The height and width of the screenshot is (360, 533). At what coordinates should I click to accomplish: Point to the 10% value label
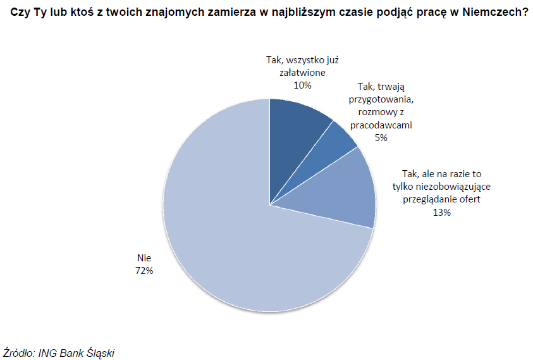coord(302,84)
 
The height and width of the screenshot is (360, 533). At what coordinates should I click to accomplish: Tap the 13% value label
coord(442,213)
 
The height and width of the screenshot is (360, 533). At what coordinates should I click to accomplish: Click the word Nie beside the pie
coord(145,258)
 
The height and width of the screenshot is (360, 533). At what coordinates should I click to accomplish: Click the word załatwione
coord(302,72)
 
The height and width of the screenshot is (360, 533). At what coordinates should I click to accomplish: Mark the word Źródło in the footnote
coord(20,352)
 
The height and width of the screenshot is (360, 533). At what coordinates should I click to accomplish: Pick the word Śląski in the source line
coord(101,352)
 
